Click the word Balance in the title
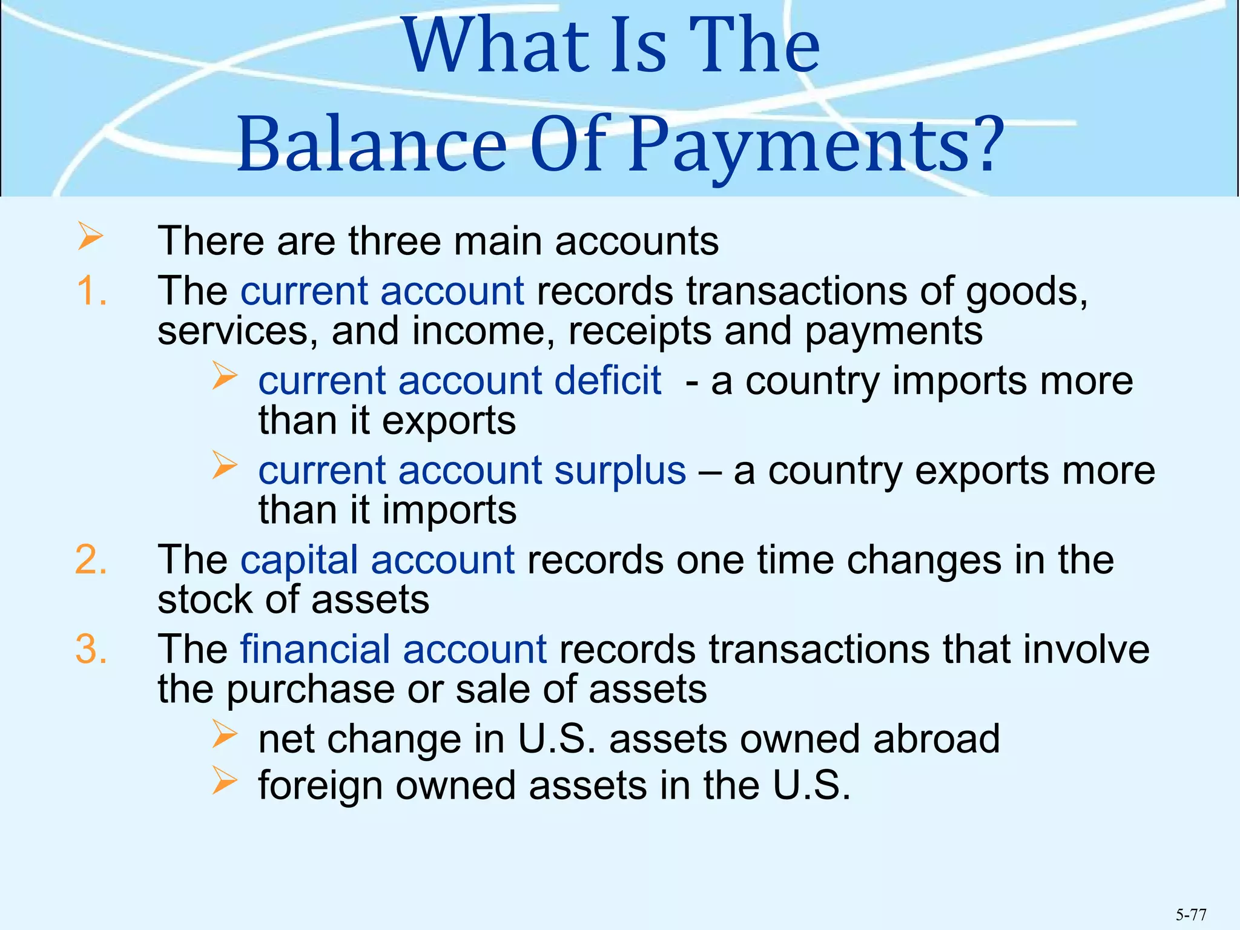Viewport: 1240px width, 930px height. [371, 144]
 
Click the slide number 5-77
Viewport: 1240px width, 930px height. [1191, 914]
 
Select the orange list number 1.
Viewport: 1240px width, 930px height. [91, 291]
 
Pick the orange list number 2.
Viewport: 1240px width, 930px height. [91, 559]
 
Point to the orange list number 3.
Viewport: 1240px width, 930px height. [91, 649]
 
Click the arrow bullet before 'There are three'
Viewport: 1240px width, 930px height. [90, 237]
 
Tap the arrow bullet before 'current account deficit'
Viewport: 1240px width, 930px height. [225, 376]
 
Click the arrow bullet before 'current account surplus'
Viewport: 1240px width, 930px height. [225, 466]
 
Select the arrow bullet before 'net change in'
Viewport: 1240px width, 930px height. [225, 734]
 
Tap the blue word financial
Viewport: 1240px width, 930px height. [315, 649]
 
